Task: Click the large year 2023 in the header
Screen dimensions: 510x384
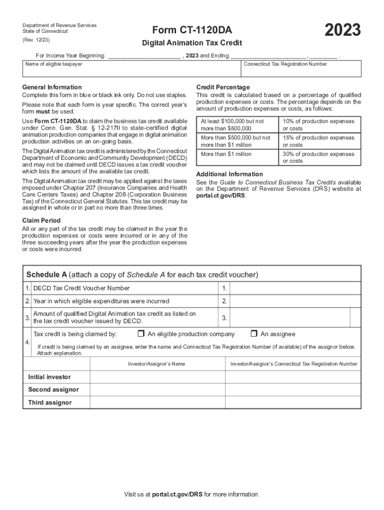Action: click(x=343, y=30)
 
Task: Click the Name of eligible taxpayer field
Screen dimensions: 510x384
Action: click(x=132, y=70)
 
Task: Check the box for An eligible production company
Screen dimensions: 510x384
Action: click(x=141, y=334)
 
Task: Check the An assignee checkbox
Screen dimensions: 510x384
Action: click(x=254, y=334)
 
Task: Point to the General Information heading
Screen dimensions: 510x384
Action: click(x=52, y=87)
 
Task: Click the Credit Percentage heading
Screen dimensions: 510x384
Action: click(x=223, y=87)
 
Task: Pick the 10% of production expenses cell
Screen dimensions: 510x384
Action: click(x=319, y=125)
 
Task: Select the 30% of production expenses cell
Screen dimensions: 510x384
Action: click(x=319, y=157)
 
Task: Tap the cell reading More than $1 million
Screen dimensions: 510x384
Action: click(x=226, y=154)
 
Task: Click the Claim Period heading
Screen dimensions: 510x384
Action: click(x=41, y=221)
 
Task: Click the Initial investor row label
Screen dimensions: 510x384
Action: click(x=49, y=377)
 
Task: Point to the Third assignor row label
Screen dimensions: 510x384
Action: click(x=50, y=403)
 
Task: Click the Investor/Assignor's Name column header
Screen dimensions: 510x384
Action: click(x=156, y=364)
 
